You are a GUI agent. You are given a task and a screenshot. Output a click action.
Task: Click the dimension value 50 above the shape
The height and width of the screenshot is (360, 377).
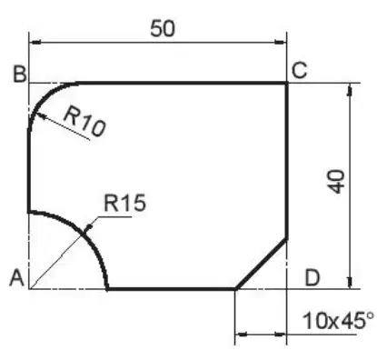click(163, 29)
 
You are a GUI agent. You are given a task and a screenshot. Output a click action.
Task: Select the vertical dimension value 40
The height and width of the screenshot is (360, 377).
click(337, 182)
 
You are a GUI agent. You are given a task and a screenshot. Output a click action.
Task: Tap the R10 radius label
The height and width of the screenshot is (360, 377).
click(84, 122)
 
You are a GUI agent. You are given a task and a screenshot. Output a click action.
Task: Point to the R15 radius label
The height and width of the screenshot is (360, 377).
click(124, 203)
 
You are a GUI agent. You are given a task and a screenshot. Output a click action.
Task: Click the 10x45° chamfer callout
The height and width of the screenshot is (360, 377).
click(338, 321)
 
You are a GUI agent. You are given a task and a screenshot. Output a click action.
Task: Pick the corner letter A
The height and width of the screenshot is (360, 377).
click(16, 278)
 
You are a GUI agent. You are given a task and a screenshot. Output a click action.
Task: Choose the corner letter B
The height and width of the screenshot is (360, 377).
click(20, 74)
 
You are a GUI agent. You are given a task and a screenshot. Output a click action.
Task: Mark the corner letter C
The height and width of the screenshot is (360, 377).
click(300, 70)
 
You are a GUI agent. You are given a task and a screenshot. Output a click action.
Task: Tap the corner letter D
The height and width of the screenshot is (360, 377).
click(313, 278)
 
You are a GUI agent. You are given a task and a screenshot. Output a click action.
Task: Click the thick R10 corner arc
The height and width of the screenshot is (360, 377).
click(43, 97)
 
